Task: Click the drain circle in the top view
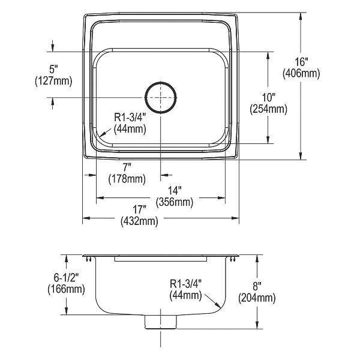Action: click(161, 82)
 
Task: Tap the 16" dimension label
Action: click(301, 62)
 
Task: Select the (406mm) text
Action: click(301, 74)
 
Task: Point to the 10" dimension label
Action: click(268, 97)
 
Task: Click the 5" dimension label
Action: click(53, 69)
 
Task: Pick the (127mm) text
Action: click(53, 81)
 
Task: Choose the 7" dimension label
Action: click(127, 167)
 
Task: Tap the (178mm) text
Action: click(127, 179)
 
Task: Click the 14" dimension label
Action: click(175, 190)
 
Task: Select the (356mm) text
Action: click(175, 202)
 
